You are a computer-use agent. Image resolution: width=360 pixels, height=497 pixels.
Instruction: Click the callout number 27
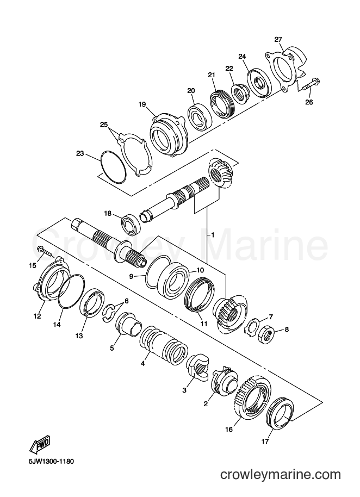coord(278,40)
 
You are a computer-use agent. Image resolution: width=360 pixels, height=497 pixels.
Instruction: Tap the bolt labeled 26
coord(312,84)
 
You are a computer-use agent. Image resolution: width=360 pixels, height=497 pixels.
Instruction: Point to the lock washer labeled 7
coord(252,327)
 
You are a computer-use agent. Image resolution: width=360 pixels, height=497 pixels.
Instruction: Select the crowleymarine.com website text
coord(281,475)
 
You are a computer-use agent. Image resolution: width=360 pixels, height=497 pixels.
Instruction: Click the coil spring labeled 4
coord(163,345)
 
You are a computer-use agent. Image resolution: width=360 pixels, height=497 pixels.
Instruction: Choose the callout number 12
coord(37,316)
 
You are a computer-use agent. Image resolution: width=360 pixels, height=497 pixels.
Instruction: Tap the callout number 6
coord(127,301)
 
